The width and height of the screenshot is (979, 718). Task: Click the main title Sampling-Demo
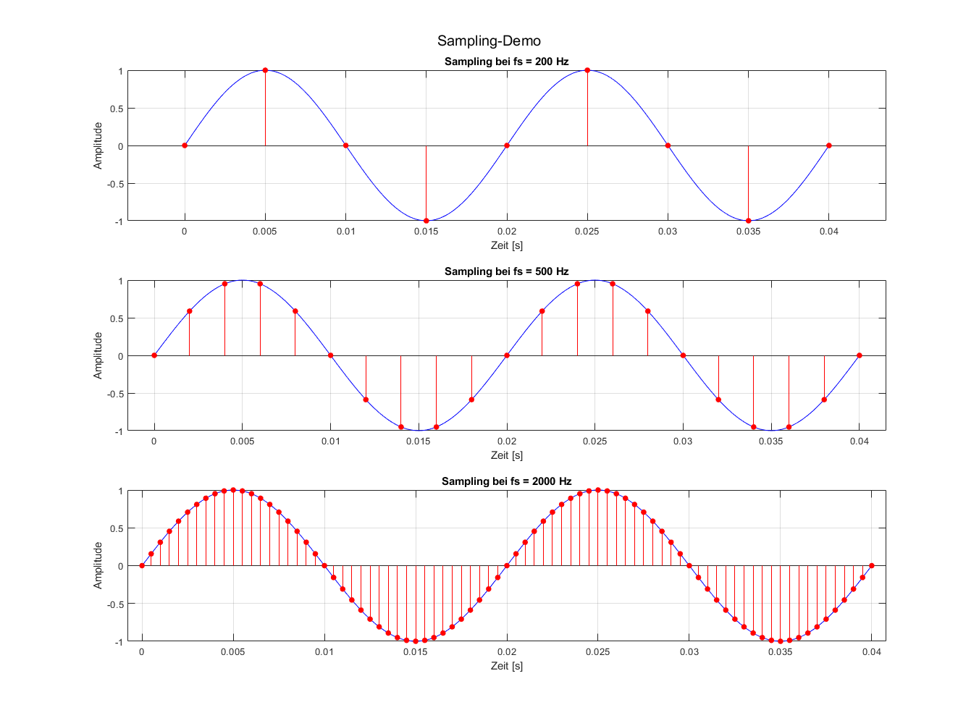tap(489, 41)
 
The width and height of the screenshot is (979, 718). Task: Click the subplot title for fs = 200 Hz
tap(506, 62)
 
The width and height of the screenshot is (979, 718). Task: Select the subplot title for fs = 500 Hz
tap(506, 271)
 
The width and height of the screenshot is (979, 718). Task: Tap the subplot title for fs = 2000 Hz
tap(506, 481)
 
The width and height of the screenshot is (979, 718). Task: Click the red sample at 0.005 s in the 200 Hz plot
tap(265, 70)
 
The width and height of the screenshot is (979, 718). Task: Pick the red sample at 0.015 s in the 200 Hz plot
tap(426, 221)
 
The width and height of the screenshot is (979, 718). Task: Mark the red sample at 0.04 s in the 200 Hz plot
tap(829, 145)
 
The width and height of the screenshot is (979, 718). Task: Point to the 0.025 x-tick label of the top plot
tap(587, 232)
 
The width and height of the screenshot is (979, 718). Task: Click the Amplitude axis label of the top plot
tap(98, 145)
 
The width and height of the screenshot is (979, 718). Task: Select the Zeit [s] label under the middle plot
tap(506, 455)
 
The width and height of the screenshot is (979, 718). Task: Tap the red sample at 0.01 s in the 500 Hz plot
tap(330, 355)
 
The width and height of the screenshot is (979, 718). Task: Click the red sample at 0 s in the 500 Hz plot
tap(154, 355)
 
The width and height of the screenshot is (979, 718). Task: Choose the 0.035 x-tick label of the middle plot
tap(771, 442)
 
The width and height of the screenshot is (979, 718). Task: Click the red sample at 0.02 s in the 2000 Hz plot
tap(507, 565)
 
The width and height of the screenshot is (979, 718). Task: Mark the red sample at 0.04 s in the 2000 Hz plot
tap(872, 565)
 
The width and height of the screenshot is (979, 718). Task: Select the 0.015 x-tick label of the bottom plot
tap(416, 651)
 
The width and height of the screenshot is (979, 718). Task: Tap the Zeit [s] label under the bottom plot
tap(506, 665)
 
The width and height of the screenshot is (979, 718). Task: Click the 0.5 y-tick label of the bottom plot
tap(116, 528)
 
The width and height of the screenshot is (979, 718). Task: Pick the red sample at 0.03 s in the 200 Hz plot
tap(668, 145)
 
